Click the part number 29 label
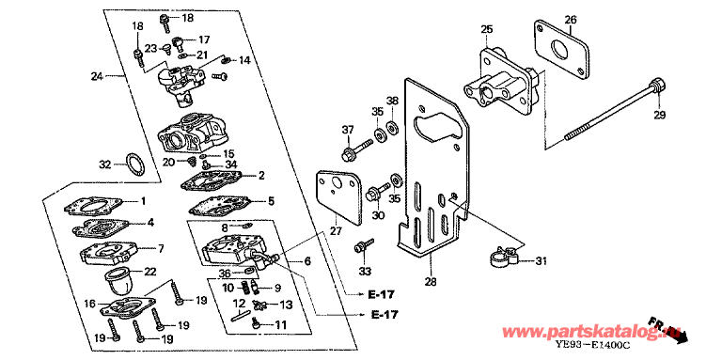tap(660, 115)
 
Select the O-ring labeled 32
tap(135, 164)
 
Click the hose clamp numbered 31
tap(504, 256)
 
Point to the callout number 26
tap(571, 20)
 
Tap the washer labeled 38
tap(393, 126)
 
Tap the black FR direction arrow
tap(679, 336)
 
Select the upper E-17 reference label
tap(381, 294)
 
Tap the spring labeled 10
tap(247, 290)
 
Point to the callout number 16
tap(90, 304)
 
